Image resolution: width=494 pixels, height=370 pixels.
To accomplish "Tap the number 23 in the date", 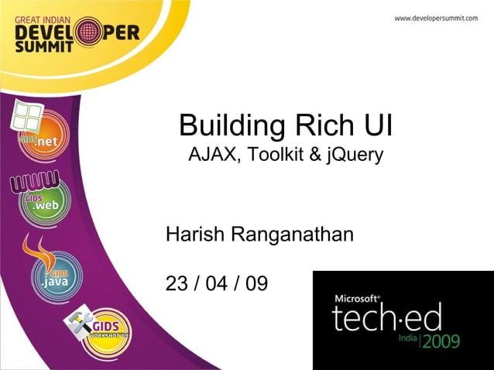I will (x=177, y=283).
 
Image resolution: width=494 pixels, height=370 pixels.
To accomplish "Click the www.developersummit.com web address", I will (x=436, y=18).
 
